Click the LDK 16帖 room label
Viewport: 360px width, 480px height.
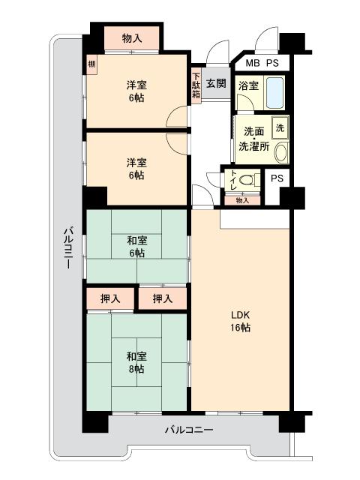(x=241, y=321)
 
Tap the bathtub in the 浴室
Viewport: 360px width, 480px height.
(x=274, y=92)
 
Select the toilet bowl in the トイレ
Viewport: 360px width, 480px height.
(x=247, y=180)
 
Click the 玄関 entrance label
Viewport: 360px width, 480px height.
(x=216, y=83)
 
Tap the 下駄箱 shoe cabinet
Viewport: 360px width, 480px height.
(x=196, y=85)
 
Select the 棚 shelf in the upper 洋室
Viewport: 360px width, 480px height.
(x=91, y=64)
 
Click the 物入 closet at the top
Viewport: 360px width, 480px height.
(x=132, y=38)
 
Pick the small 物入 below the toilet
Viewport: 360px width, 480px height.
(x=242, y=200)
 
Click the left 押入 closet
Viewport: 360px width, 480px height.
(x=110, y=298)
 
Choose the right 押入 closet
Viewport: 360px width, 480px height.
(x=163, y=298)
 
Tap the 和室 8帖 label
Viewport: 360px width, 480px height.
(x=136, y=363)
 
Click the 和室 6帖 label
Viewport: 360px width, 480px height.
(x=136, y=247)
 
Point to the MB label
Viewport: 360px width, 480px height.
(x=253, y=63)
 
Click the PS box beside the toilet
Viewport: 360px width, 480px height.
(x=277, y=178)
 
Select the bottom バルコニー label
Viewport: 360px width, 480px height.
(x=189, y=430)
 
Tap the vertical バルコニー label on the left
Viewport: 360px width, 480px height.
(x=68, y=247)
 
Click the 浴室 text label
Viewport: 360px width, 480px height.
(x=248, y=85)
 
